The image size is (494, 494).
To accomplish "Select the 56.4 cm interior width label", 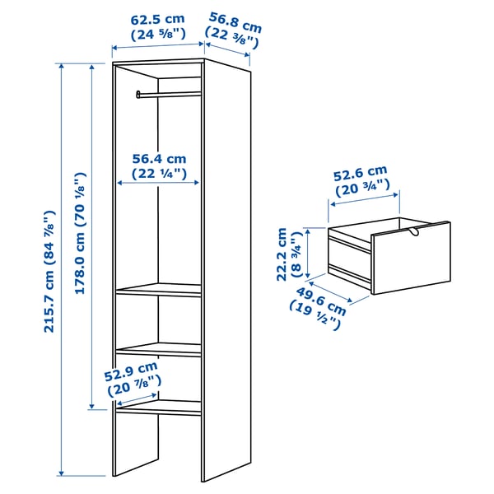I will pyautogui.click(x=160, y=166).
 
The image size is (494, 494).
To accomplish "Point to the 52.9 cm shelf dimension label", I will pyautogui.click(x=131, y=375).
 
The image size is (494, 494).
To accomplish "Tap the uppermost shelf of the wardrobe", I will pyautogui.click(x=159, y=290).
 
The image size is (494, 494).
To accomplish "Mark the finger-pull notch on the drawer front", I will pyautogui.click(x=411, y=236).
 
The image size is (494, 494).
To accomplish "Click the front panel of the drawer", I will pyautogui.click(x=411, y=259).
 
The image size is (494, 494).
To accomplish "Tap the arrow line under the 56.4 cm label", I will pyautogui.click(x=160, y=184).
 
